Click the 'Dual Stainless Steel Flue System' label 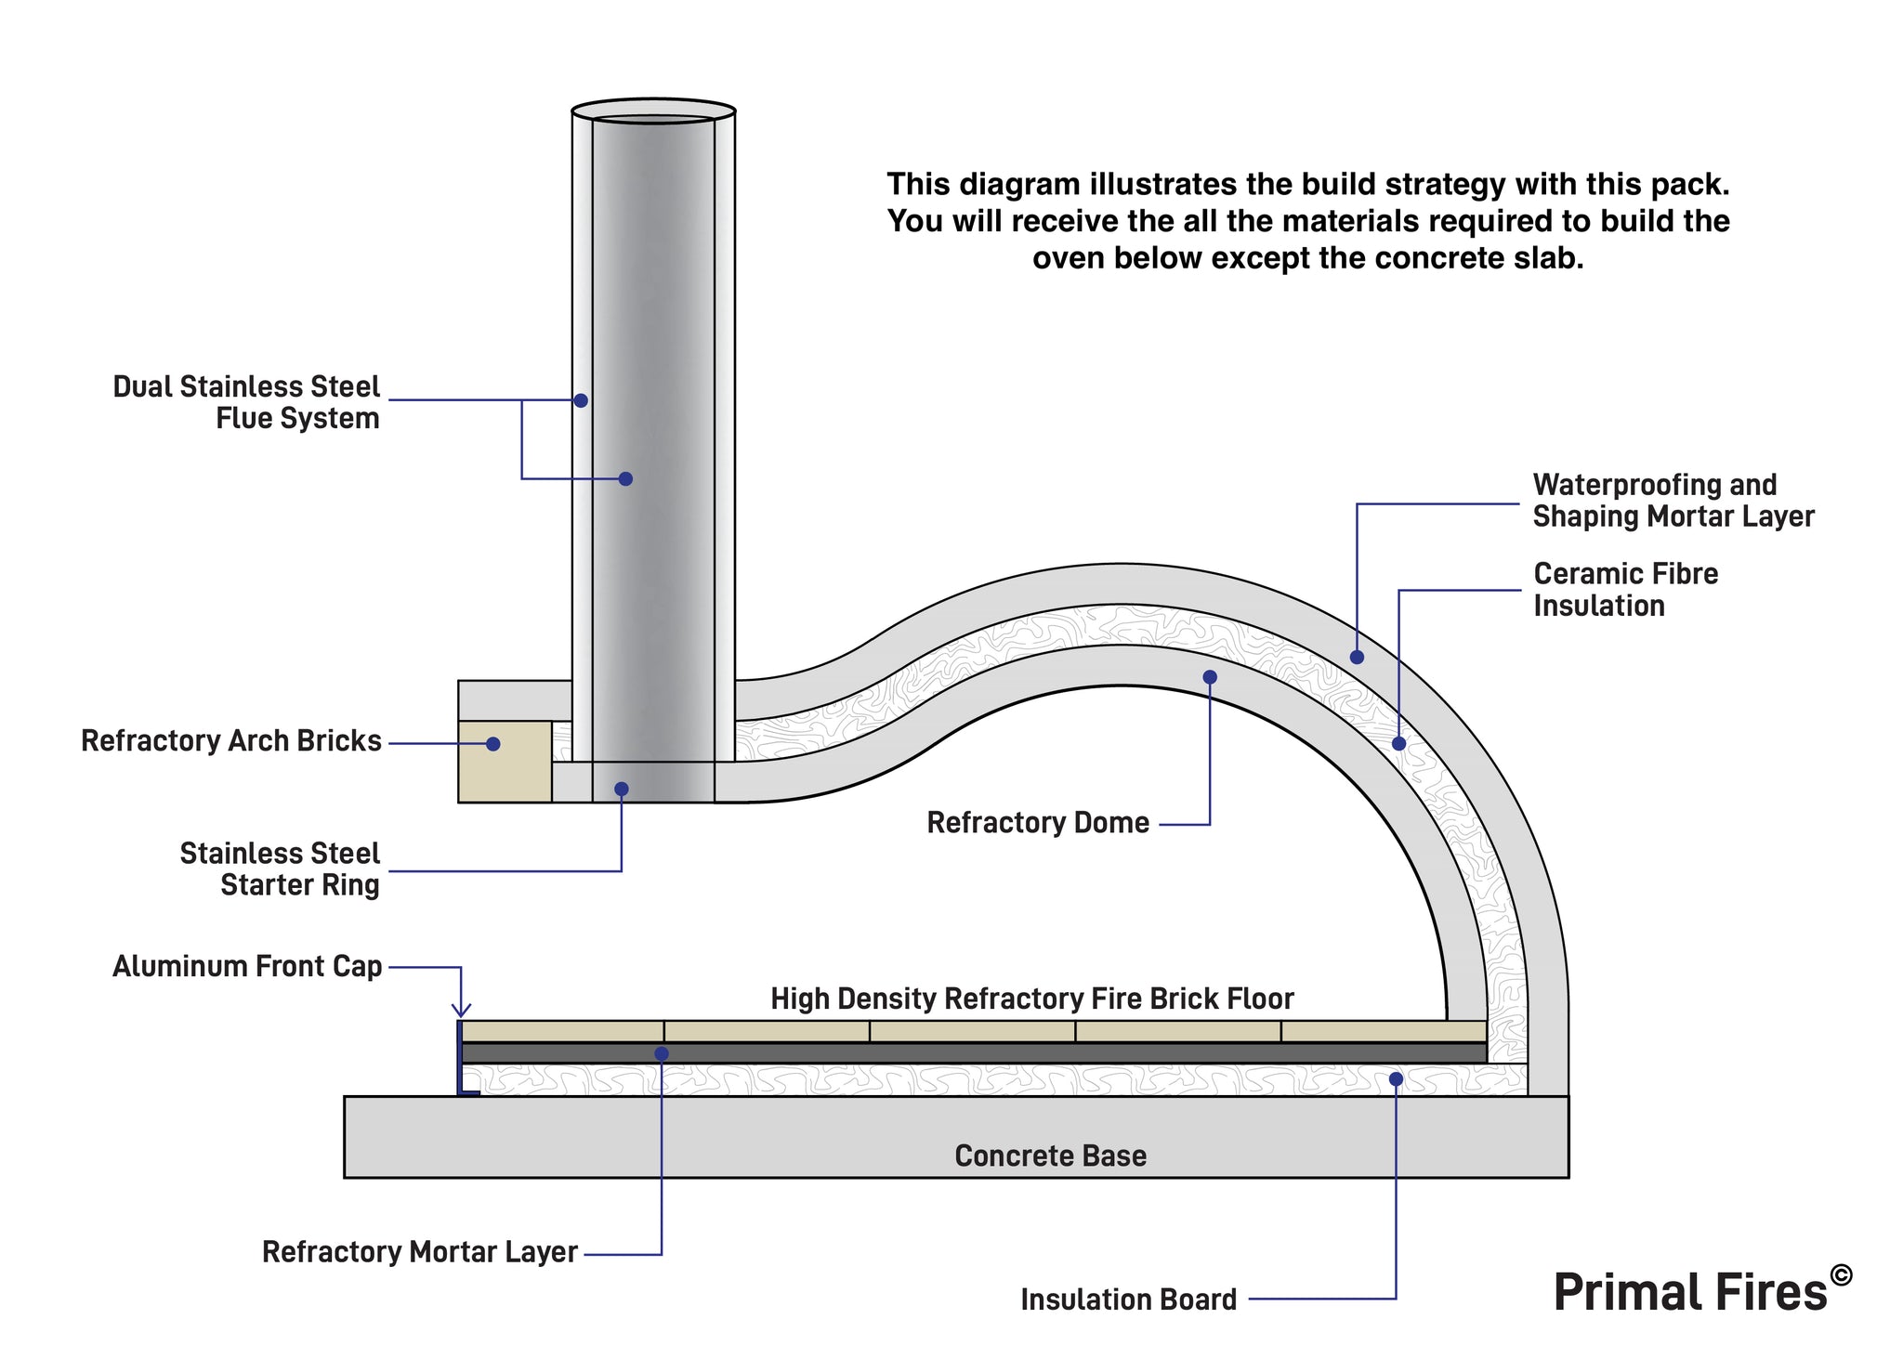[x=246, y=402]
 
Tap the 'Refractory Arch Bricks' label [x=231, y=741]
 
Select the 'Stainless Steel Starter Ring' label [x=280, y=869]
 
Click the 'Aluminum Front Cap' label [x=247, y=967]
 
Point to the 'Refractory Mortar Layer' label [x=420, y=1252]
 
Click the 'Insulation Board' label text [x=1128, y=1299]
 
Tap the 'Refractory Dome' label [x=1038, y=823]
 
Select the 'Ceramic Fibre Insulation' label [x=1625, y=590]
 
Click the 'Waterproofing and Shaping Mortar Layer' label [x=1673, y=501]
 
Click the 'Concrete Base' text [x=1050, y=1156]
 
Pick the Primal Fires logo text [x=1691, y=1292]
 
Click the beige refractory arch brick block [x=505, y=762]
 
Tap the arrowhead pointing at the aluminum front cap [x=461, y=1011]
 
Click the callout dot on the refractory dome [x=1210, y=677]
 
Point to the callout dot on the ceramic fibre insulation [x=1398, y=744]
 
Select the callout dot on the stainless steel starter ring [x=622, y=790]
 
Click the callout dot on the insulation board [x=1395, y=1078]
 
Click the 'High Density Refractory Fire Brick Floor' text [x=1031, y=999]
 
